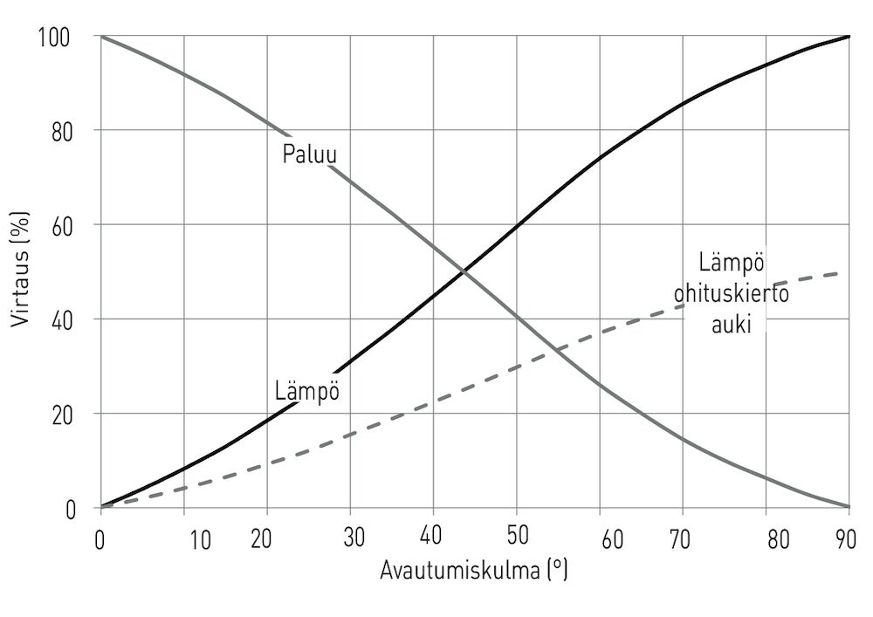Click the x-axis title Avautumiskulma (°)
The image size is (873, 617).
(x=474, y=571)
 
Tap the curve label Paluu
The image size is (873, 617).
(x=309, y=154)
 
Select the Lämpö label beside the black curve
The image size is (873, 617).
(x=306, y=390)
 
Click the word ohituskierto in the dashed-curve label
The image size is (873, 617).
(x=732, y=293)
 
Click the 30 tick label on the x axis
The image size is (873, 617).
(x=354, y=539)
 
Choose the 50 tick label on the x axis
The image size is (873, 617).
(x=517, y=539)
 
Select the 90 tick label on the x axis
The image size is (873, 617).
(x=845, y=539)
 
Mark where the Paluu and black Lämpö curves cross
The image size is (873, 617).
(x=464, y=272)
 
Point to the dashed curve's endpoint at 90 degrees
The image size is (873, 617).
(x=849, y=272)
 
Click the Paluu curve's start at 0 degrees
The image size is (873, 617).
(x=101, y=37)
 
